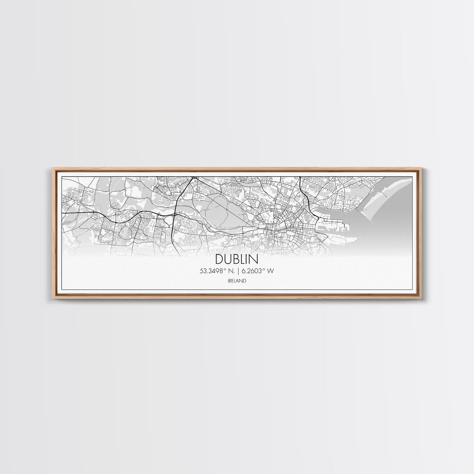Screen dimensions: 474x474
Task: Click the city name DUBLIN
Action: click(x=237, y=259)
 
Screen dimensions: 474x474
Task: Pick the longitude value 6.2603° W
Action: click(x=257, y=271)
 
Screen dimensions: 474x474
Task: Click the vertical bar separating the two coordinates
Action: click(x=238, y=271)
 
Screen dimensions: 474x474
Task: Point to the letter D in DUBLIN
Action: click(x=219, y=259)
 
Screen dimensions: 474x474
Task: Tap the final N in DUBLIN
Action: click(x=254, y=259)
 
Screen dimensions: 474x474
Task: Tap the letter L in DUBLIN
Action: click(x=244, y=259)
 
